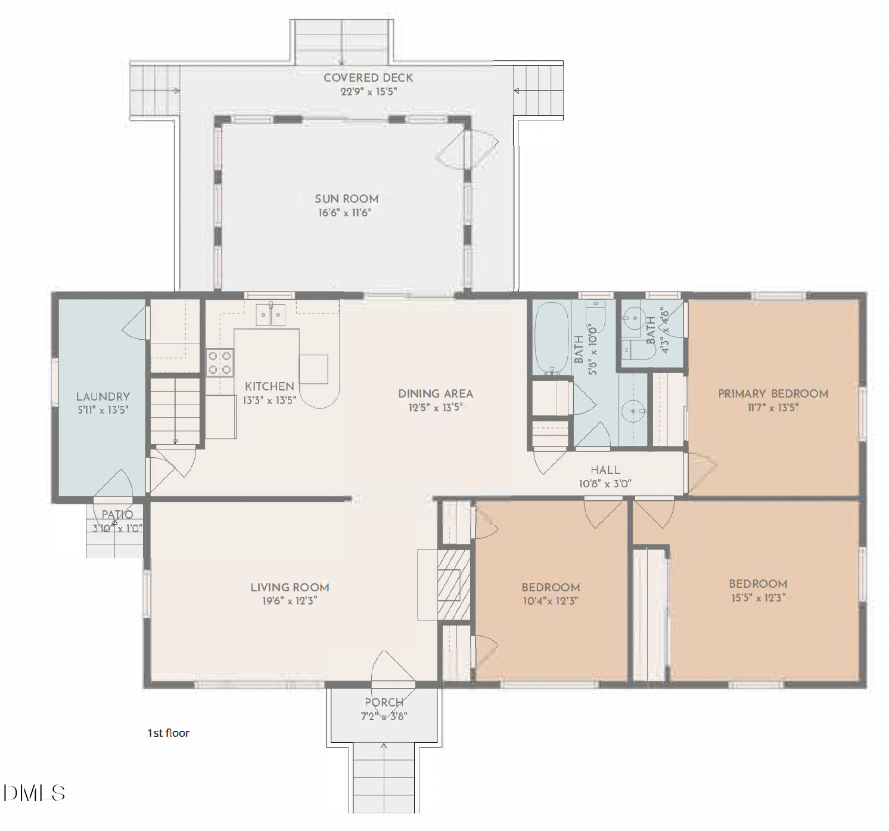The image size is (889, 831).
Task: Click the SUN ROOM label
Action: point(346,199)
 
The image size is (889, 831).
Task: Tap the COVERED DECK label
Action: point(368,77)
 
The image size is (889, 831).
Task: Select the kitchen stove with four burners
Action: point(219,363)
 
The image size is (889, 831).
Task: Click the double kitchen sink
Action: point(271,314)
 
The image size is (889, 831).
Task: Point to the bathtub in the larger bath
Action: point(551,338)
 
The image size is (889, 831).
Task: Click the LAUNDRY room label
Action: point(102,396)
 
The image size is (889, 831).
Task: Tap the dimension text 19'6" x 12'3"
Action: point(290,601)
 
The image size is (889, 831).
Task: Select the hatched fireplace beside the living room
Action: point(454,584)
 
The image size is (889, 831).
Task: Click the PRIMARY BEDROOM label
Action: point(773,393)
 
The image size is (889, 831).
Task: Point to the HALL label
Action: point(605,470)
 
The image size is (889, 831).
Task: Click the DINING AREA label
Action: point(436,393)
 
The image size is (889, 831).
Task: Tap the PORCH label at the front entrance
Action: point(384,702)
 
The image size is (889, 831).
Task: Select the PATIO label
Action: point(117,514)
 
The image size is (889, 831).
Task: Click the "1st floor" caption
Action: point(169,733)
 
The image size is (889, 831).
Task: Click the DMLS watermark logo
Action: point(34,793)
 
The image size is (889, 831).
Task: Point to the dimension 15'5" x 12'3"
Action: point(758,597)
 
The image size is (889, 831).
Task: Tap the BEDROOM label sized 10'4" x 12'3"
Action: point(551,587)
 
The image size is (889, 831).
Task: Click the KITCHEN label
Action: point(269,386)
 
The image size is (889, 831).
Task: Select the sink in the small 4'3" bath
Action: point(634,317)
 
